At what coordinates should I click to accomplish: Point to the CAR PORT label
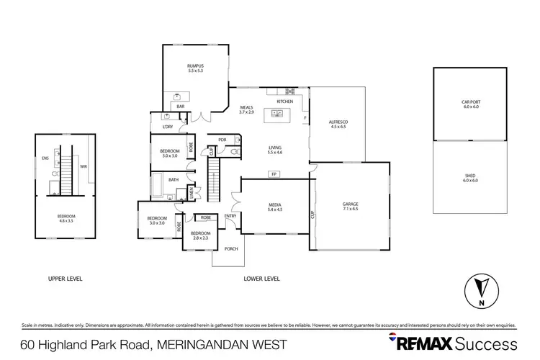(x=470, y=104)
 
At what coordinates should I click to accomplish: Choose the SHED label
(x=470, y=178)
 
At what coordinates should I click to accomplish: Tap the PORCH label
(x=231, y=249)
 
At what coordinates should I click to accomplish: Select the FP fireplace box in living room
(x=274, y=174)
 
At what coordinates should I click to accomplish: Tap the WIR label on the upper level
(x=84, y=166)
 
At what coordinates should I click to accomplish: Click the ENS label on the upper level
(x=45, y=158)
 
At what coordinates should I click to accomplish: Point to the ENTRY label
(x=230, y=216)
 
